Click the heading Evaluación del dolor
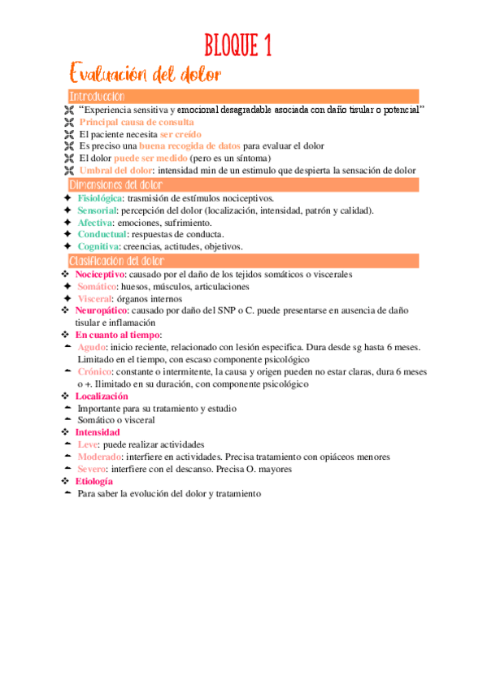click(146, 76)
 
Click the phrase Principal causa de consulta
click(125, 122)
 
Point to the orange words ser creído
click(180, 134)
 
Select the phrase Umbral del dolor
click(115, 170)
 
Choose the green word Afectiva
click(95, 223)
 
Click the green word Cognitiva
click(98, 246)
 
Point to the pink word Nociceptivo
click(100, 275)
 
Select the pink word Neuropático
click(102, 310)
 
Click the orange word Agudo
click(92, 347)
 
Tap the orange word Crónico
click(96, 371)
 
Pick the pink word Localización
click(102, 396)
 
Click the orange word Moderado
click(100, 457)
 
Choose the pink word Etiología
click(93, 481)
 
